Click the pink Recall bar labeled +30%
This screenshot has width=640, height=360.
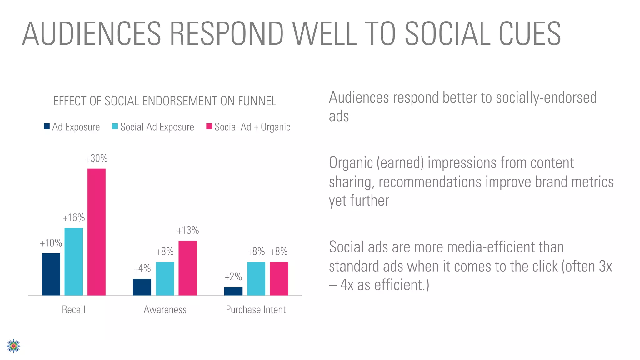coord(96,232)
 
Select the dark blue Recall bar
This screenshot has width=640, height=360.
coord(51,274)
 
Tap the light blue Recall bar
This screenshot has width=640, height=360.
coord(74,262)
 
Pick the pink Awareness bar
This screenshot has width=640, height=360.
coord(187,268)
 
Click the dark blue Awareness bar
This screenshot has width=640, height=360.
coord(142,287)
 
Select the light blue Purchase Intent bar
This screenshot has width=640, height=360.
coord(256,278)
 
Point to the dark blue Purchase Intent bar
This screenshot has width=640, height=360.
coord(233,291)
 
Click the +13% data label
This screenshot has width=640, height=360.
coord(188,231)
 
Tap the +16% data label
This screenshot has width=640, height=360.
coord(74,218)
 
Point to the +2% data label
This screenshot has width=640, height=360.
coord(233,277)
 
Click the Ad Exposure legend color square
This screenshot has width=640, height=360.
coord(47,127)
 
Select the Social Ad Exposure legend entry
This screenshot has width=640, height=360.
coord(153,127)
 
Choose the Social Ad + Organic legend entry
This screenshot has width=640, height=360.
coord(248,127)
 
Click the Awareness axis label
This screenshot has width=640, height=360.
coord(165,310)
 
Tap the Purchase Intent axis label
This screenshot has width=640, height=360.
coord(256,310)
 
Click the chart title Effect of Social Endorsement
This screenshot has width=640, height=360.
coord(165,101)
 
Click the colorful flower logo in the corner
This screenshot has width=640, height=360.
coord(13,346)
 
